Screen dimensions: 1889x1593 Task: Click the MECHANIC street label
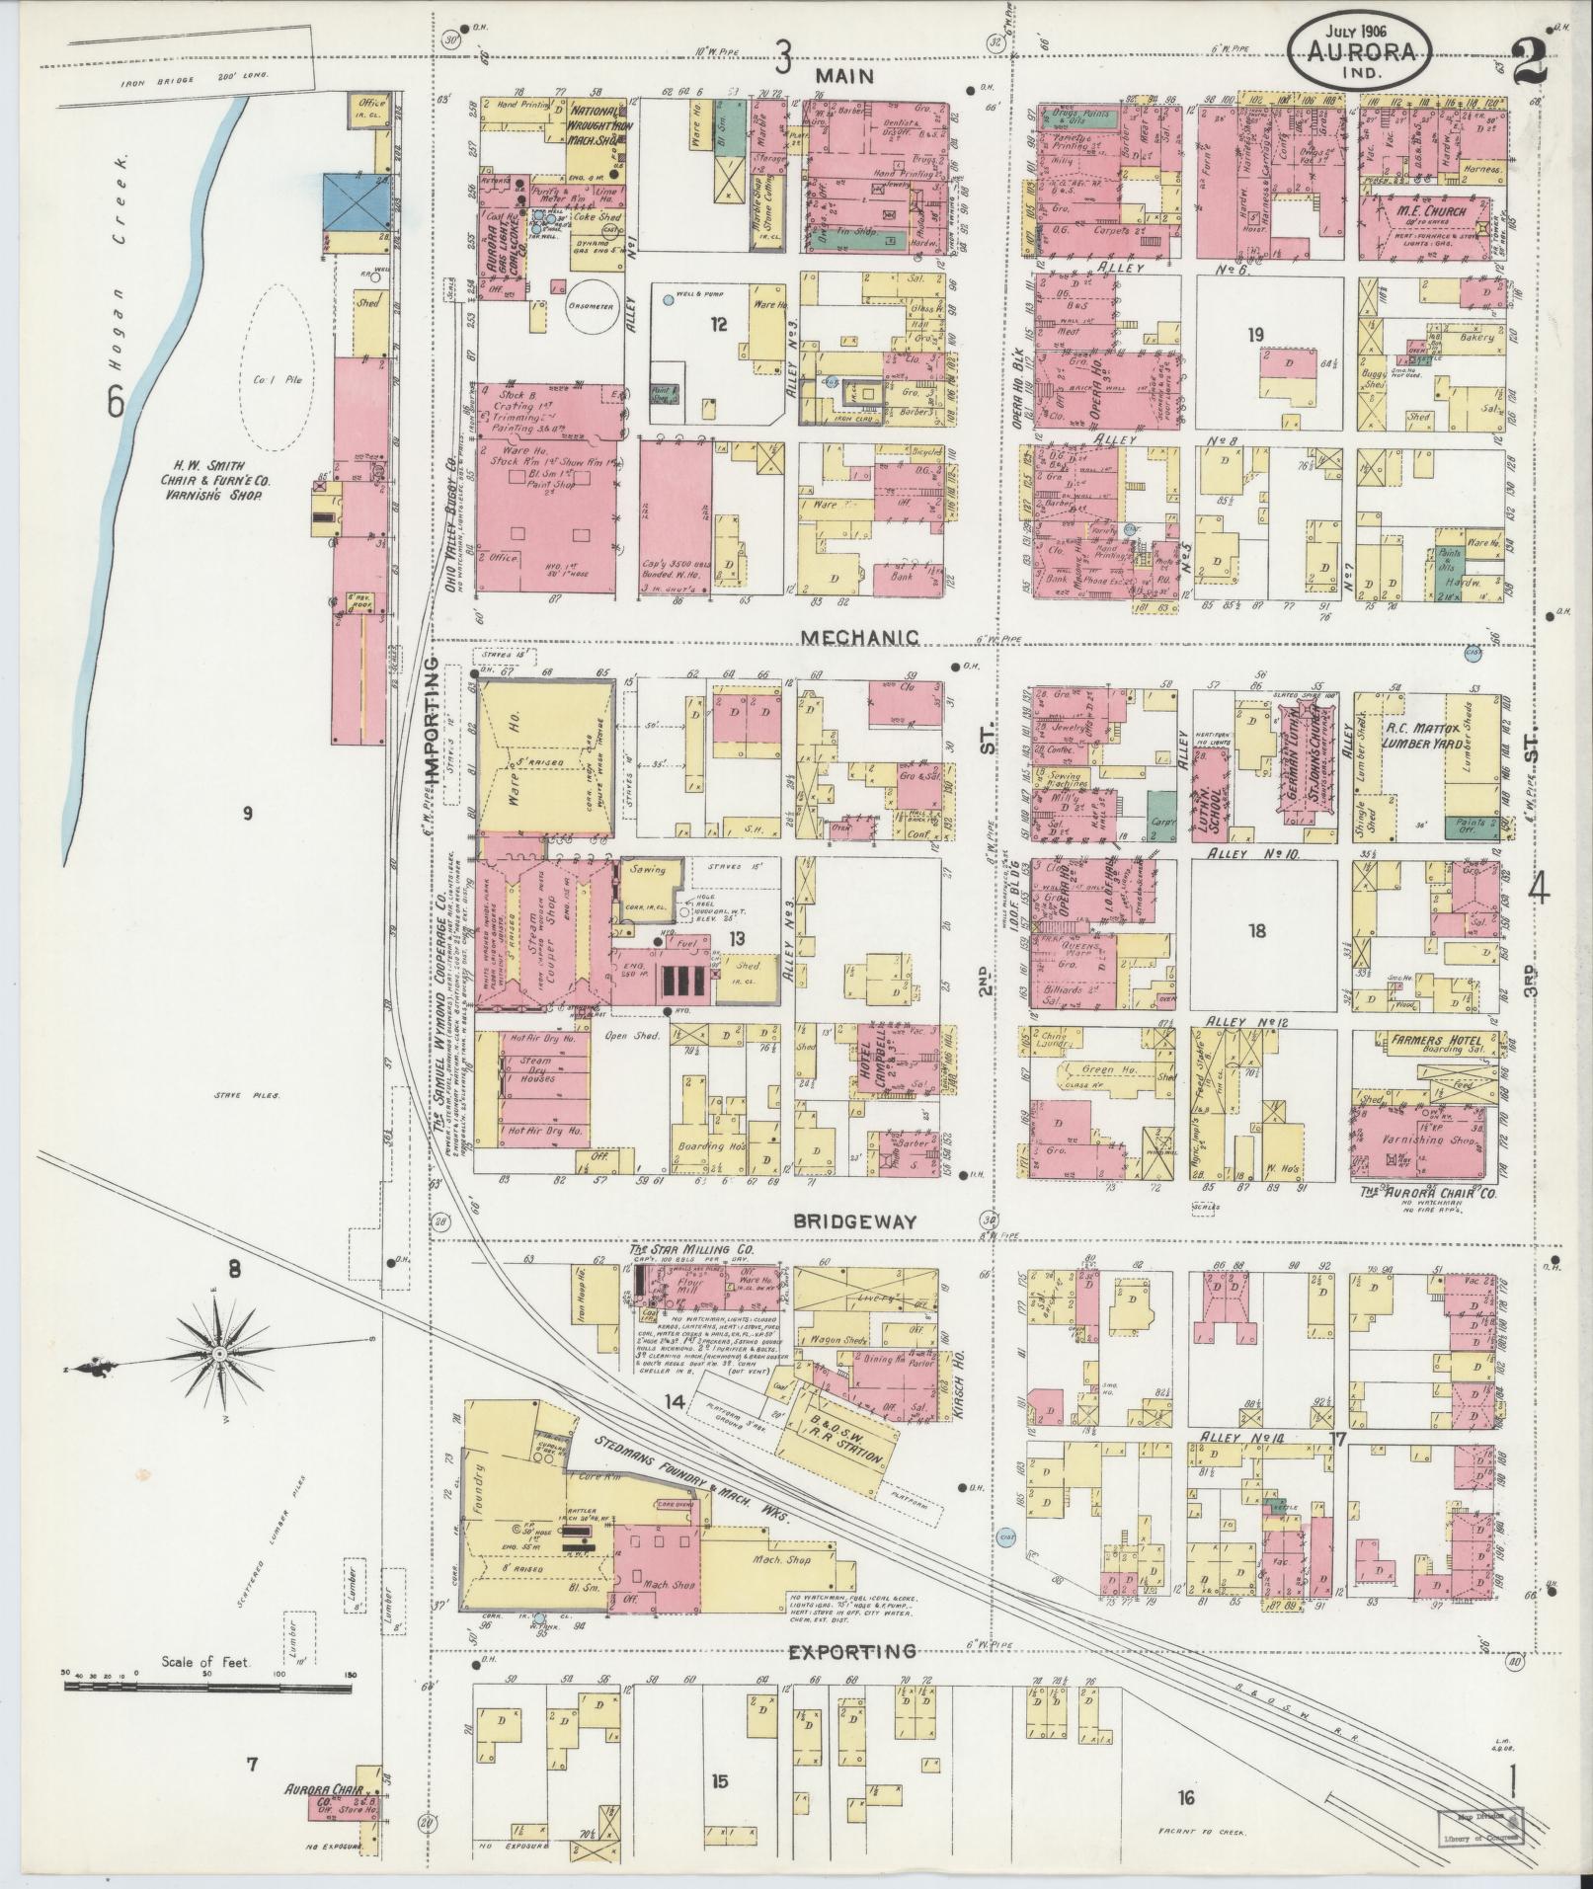pyautogui.click(x=859, y=637)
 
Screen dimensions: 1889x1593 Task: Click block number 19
pyautogui.click(x=1255, y=336)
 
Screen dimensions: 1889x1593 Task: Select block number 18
pyautogui.click(x=1256, y=930)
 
